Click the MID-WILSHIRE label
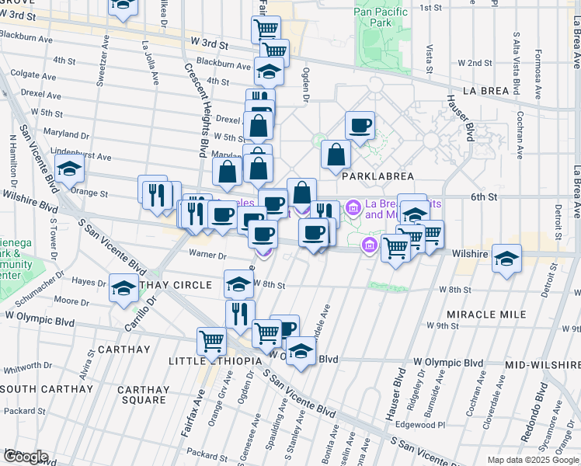538,364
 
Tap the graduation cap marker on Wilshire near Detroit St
506,257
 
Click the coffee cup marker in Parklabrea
360,125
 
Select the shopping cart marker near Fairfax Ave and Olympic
211,340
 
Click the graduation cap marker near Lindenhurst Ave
69,167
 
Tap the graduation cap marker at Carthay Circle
124,287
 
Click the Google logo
25,456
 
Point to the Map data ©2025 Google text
533,460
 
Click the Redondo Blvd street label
535,421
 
